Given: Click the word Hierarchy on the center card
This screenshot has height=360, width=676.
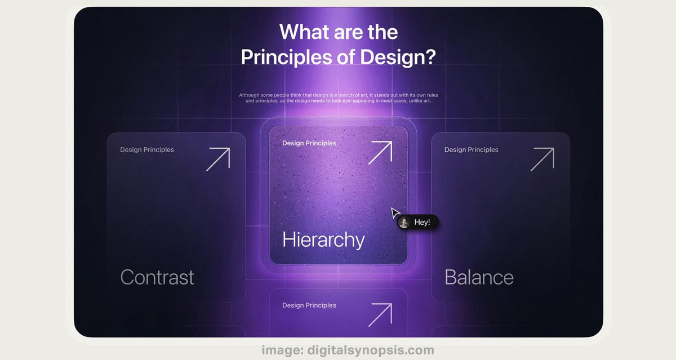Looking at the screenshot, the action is (323, 240).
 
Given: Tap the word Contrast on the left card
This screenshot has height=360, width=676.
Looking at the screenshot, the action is (157, 277).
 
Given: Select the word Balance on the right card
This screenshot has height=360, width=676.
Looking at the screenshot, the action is (479, 277).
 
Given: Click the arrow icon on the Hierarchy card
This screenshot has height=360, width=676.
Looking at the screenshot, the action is (380, 153).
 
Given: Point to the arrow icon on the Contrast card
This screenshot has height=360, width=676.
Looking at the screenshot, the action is (218, 159).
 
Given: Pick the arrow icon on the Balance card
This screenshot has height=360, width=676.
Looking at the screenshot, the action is (542, 159).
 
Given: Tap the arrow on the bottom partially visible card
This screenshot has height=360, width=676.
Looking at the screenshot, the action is (380, 315).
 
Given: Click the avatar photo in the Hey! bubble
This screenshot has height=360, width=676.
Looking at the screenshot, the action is (404, 223).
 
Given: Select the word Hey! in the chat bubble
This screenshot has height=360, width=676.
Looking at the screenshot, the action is (422, 223).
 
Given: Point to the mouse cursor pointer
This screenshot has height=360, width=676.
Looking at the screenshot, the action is (395, 212).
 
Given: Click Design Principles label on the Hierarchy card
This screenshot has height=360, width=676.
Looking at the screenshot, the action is (309, 143).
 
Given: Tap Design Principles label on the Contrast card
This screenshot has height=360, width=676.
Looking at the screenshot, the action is (147, 150).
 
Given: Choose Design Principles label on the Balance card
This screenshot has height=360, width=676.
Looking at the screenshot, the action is (471, 150).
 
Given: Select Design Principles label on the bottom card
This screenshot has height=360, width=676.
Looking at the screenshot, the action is (309, 305).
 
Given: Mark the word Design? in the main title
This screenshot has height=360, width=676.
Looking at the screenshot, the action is (398, 57).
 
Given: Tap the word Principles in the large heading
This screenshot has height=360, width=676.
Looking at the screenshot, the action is (286, 57).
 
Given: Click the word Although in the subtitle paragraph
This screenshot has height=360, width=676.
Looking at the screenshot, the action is (249, 95).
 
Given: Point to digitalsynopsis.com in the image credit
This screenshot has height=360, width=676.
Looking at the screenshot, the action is (371, 350).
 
